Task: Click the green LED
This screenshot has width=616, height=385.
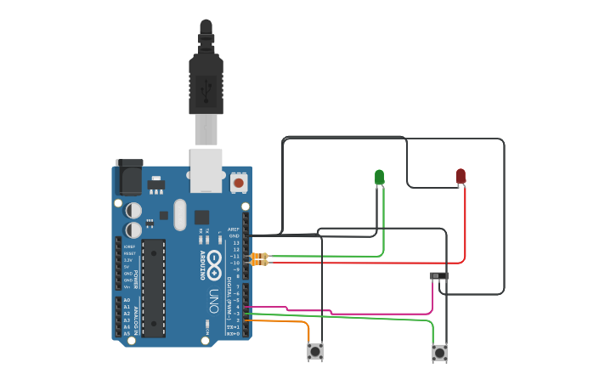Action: pos(379,177)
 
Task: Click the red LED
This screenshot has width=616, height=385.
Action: pos(461,175)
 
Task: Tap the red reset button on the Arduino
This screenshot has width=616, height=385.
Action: pos(239,183)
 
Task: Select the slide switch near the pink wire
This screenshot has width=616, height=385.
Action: pos(438,276)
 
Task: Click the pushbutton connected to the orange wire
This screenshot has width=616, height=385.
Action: pos(315,350)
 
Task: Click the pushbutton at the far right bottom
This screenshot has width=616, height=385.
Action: pos(439,352)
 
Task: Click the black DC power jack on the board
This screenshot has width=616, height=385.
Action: pos(128,178)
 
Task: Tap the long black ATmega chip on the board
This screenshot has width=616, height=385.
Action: pos(153,287)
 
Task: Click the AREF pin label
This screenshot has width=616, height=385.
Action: pos(234,229)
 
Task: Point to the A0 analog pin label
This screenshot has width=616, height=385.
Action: pos(127,300)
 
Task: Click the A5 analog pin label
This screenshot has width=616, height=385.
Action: pos(127,334)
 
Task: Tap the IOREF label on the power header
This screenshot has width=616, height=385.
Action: pos(129,246)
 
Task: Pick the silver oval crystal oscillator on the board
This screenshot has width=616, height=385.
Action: pos(179,215)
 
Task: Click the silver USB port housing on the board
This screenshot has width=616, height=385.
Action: pos(206,170)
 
